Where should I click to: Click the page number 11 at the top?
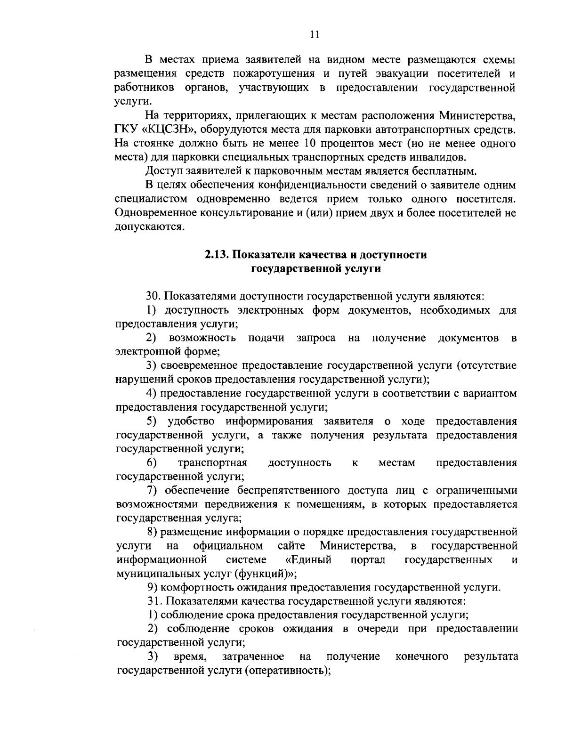click(315, 34)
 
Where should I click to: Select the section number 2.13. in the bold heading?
click(217, 255)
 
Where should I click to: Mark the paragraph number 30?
click(153, 296)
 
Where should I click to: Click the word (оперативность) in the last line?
click(287, 670)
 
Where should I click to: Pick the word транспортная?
click(212, 462)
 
